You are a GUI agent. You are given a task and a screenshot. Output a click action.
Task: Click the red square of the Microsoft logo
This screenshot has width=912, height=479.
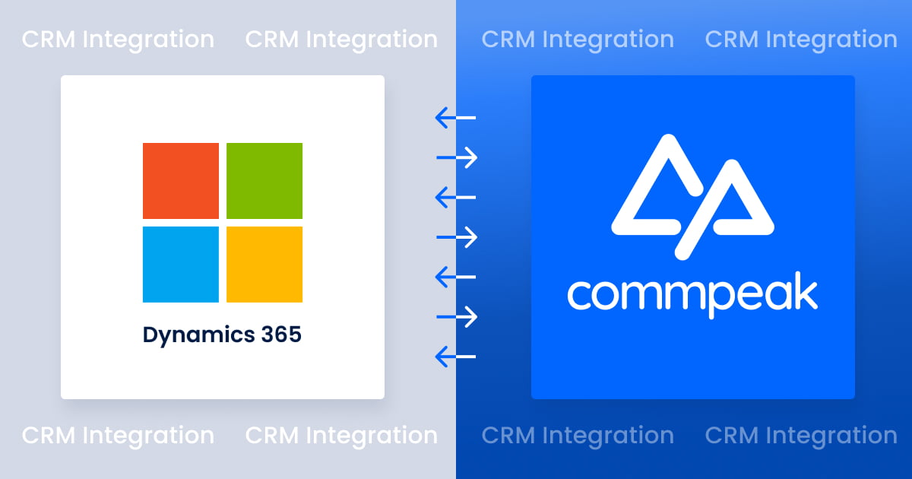coord(181,181)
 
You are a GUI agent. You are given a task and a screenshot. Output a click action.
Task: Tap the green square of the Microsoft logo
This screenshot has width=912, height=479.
coord(264,181)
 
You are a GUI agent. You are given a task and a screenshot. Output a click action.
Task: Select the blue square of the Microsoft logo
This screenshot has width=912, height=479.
coord(181,264)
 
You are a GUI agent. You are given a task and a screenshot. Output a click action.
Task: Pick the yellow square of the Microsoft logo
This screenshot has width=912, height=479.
coord(264,264)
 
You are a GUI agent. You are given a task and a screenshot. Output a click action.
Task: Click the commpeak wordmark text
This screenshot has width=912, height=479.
coord(692,295)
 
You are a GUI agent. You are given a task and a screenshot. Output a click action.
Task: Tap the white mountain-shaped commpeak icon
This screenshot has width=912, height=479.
coord(692,195)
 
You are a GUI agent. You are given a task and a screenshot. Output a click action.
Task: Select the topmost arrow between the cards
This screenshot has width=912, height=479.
coord(455,118)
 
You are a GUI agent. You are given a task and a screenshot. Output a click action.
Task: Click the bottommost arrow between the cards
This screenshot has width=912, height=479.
coord(455,356)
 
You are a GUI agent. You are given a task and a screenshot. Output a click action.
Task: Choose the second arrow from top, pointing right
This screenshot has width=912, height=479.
coord(457,157)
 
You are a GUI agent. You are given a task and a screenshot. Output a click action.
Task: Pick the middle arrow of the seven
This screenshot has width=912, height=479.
coord(457,237)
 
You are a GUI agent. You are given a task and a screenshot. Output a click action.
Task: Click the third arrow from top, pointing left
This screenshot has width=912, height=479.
coord(455,198)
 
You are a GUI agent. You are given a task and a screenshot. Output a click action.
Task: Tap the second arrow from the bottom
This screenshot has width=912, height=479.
coord(457,316)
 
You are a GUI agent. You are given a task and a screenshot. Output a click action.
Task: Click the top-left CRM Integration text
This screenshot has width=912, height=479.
coord(118,40)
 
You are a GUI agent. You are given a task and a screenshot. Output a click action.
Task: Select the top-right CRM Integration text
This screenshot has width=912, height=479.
coord(801,40)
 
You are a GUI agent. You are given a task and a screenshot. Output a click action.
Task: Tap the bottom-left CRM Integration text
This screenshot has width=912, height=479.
coord(118,436)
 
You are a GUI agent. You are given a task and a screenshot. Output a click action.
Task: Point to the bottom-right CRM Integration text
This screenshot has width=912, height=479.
coord(801,436)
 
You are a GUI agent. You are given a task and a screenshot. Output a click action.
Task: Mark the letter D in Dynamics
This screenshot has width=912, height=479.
coord(150,334)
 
